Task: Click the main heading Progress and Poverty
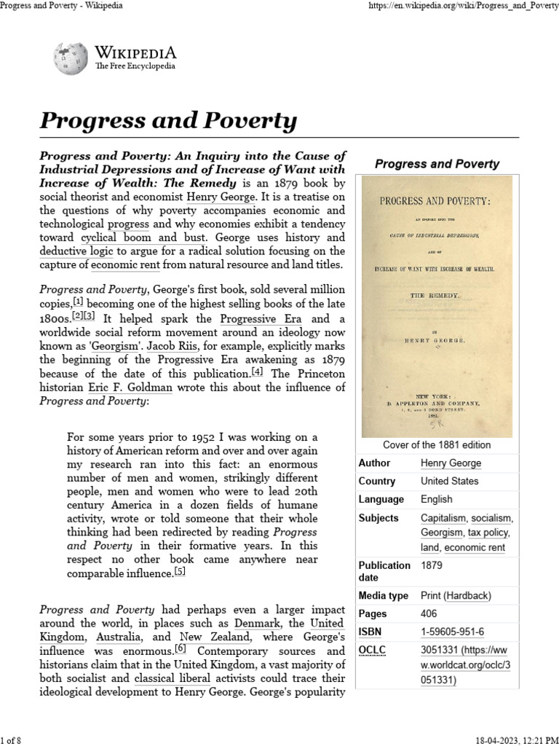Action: click(168, 120)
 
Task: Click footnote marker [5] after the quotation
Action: click(180, 572)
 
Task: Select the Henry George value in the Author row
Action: click(451, 463)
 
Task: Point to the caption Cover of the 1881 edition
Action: click(437, 444)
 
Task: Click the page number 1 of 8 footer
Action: click(12, 738)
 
